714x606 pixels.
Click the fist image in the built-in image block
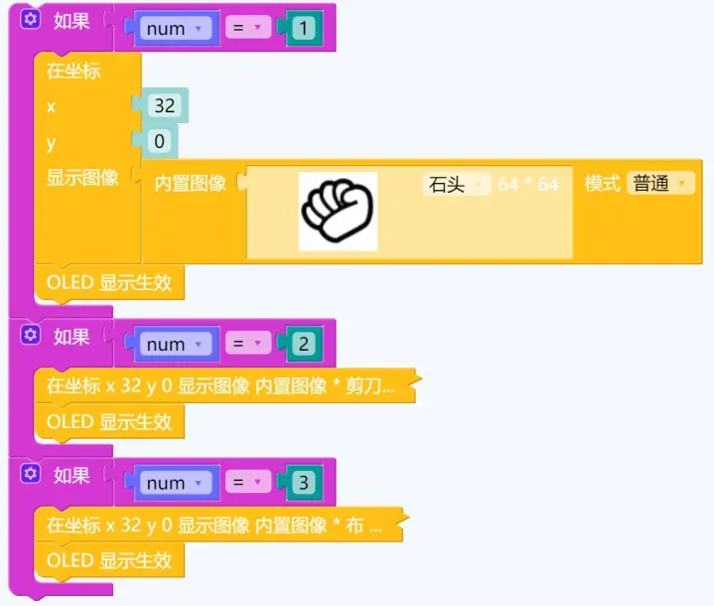pyautogui.click(x=338, y=211)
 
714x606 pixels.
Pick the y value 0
pyautogui.click(x=159, y=142)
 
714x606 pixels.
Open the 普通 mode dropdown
pyautogui.click(x=660, y=184)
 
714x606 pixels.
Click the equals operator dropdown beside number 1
pyautogui.click(x=247, y=29)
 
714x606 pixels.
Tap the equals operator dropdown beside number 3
pyautogui.click(x=247, y=484)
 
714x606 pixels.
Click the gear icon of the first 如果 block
pyautogui.click(x=30, y=21)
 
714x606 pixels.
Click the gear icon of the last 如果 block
pyautogui.click(x=30, y=474)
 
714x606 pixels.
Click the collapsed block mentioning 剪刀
pyautogui.click(x=220, y=386)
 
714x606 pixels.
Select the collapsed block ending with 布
pyautogui.click(x=214, y=526)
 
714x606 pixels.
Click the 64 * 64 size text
pyautogui.click(x=528, y=184)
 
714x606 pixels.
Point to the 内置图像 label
pyautogui.click(x=191, y=184)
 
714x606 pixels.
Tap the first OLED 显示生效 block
pyautogui.click(x=109, y=283)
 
